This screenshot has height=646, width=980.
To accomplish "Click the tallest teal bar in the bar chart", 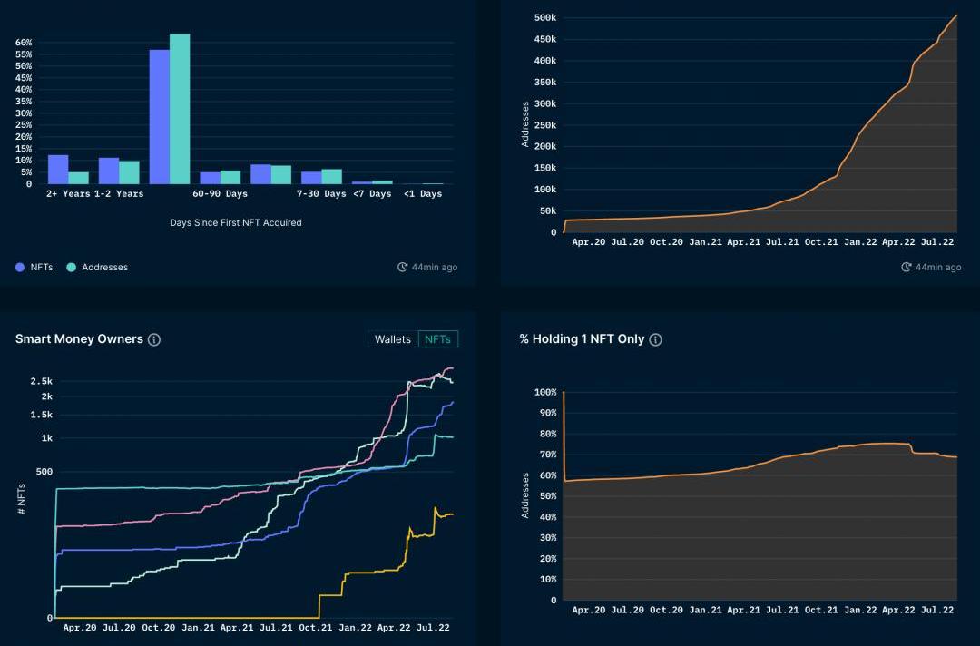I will pyautogui.click(x=180, y=109).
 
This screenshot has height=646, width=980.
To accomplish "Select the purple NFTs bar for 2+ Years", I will pyautogui.click(x=58, y=170).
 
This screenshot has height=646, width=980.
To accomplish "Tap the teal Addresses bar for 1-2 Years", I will pyautogui.click(x=129, y=172).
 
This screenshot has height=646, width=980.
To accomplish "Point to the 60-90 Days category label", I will pyautogui.click(x=220, y=194).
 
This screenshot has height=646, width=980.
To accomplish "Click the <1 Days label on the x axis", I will pyautogui.click(x=423, y=194).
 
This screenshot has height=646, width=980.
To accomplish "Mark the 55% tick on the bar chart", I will pyautogui.click(x=24, y=54).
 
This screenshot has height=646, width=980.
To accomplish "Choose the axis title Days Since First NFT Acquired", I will pyautogui.click(x=235, y=222).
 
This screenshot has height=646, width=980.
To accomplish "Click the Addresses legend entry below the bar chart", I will pyautogui.click(x=104, y=268).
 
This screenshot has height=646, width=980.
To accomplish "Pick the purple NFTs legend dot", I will pyautogui.click(x=20, y=268).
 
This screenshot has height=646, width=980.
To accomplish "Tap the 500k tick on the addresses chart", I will pyautogui.click(x=544, y=18).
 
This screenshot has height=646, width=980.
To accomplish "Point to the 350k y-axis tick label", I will pyautogui.click(x=544, y=83).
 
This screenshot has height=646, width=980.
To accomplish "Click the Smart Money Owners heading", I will pyautogui.click(x=79, y=339).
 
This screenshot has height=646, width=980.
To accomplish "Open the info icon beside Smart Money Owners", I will pyautogui.click(x=154, y=339).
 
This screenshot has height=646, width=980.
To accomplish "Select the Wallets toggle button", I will pyautogui.click(x=393, y=339).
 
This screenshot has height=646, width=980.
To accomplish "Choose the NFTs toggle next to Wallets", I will pyautogui.click(x=438, y=339).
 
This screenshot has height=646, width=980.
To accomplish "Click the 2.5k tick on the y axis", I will pyautogui.click(x=41, y=381).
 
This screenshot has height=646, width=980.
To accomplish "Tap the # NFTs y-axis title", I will pyautogui.click(x=21, y=500).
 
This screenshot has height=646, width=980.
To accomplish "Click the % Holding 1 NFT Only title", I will pyautogui.click(x=582, y=339).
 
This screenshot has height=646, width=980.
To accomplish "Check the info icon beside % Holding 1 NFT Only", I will pyautogui.click(x=656, y=339).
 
